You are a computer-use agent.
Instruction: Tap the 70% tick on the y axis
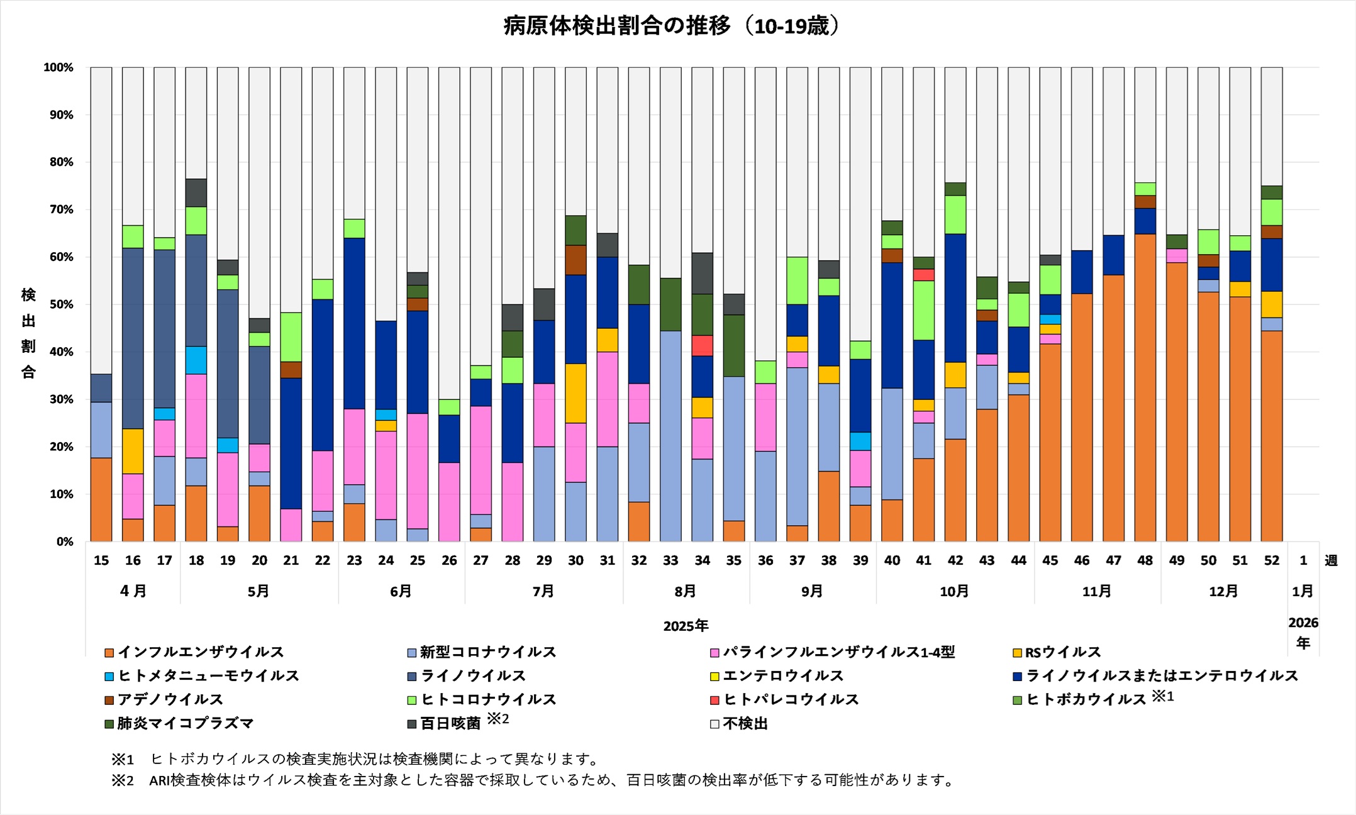(x=58, y=209)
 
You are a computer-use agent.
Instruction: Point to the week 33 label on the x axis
(x=670, y=560)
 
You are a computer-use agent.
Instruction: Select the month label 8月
(x=686, y=591)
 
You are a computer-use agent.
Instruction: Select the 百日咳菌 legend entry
(x=450, y=724)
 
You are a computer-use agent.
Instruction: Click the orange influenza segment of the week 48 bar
(x=1145, y=387)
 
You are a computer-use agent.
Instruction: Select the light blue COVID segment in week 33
(x=670, y=436)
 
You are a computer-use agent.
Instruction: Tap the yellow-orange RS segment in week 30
(x=575, y=393)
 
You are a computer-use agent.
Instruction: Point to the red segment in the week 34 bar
(x=702, y=345)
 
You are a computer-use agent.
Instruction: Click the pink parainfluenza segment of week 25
(x=418, y=470)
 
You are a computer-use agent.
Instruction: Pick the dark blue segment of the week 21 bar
(x=291, y=443)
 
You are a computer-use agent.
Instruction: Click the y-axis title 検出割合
(x=28, y=333)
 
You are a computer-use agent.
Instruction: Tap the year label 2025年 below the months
(x=686, y=626)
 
